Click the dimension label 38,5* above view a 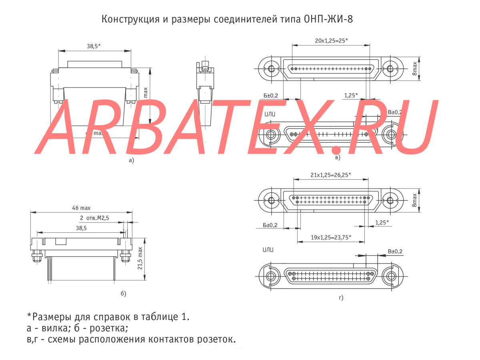coord(94,46)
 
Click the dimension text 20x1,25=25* coord(332,40)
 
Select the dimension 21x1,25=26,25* coord(330,175)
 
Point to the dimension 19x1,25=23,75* coord(331,237)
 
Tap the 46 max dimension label coord(81,208)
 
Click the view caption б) coord(123,294)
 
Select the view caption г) coord(341,298)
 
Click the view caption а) coord(131,160)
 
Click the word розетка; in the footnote coord(106,329)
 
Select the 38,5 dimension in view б coord(81,228)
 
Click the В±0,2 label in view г coord(395,251)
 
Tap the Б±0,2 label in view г coord(270,225)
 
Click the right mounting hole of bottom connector coord(390,276)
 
